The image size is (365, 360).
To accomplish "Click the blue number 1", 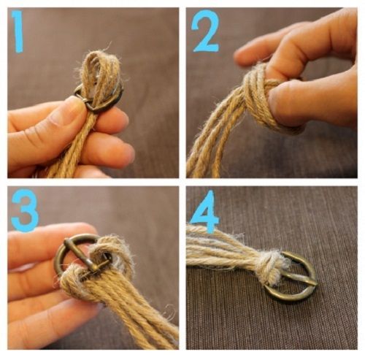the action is pos(18,31).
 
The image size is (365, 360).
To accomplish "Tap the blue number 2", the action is pos(205,31).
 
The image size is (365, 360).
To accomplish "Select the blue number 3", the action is pos(25,210).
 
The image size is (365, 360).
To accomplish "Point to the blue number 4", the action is pos(204,211).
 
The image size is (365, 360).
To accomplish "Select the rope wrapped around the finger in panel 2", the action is pos(258,97).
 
